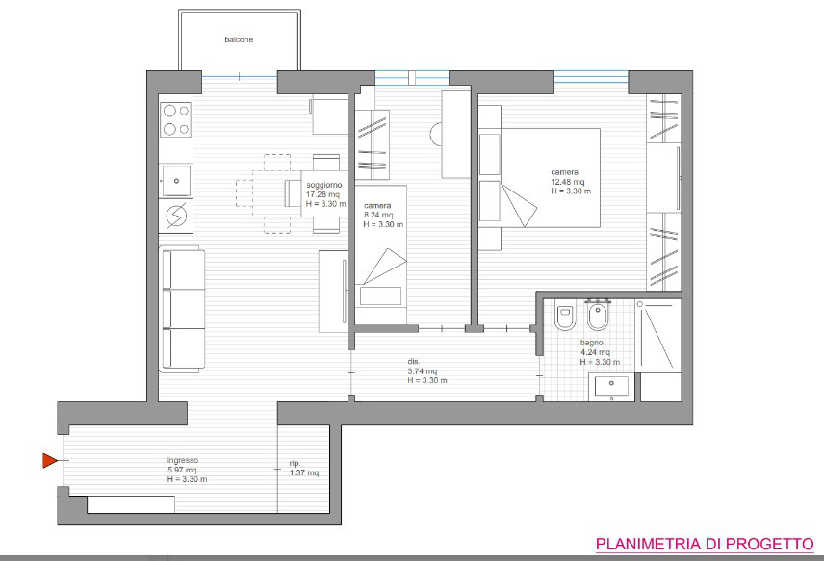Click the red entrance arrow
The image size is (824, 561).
[50, 461]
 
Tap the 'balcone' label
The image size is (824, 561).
[239, 39]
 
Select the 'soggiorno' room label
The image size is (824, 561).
[324, 185]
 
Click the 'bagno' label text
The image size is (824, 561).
[592, 343]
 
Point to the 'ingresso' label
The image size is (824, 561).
[183, 460]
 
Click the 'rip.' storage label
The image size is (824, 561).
[295, 463]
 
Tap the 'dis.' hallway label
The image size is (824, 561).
[414, 362]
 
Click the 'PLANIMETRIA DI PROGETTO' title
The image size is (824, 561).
[705, 544]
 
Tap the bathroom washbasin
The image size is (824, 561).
[611, 387]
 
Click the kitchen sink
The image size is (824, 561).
[175, 181]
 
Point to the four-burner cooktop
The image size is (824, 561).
[175, 119]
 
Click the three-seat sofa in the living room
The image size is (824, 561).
[182, 309]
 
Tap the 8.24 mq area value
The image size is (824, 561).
[378, 215]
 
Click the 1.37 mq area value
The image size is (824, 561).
[304, 472]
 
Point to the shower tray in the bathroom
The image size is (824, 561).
[657, 336]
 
